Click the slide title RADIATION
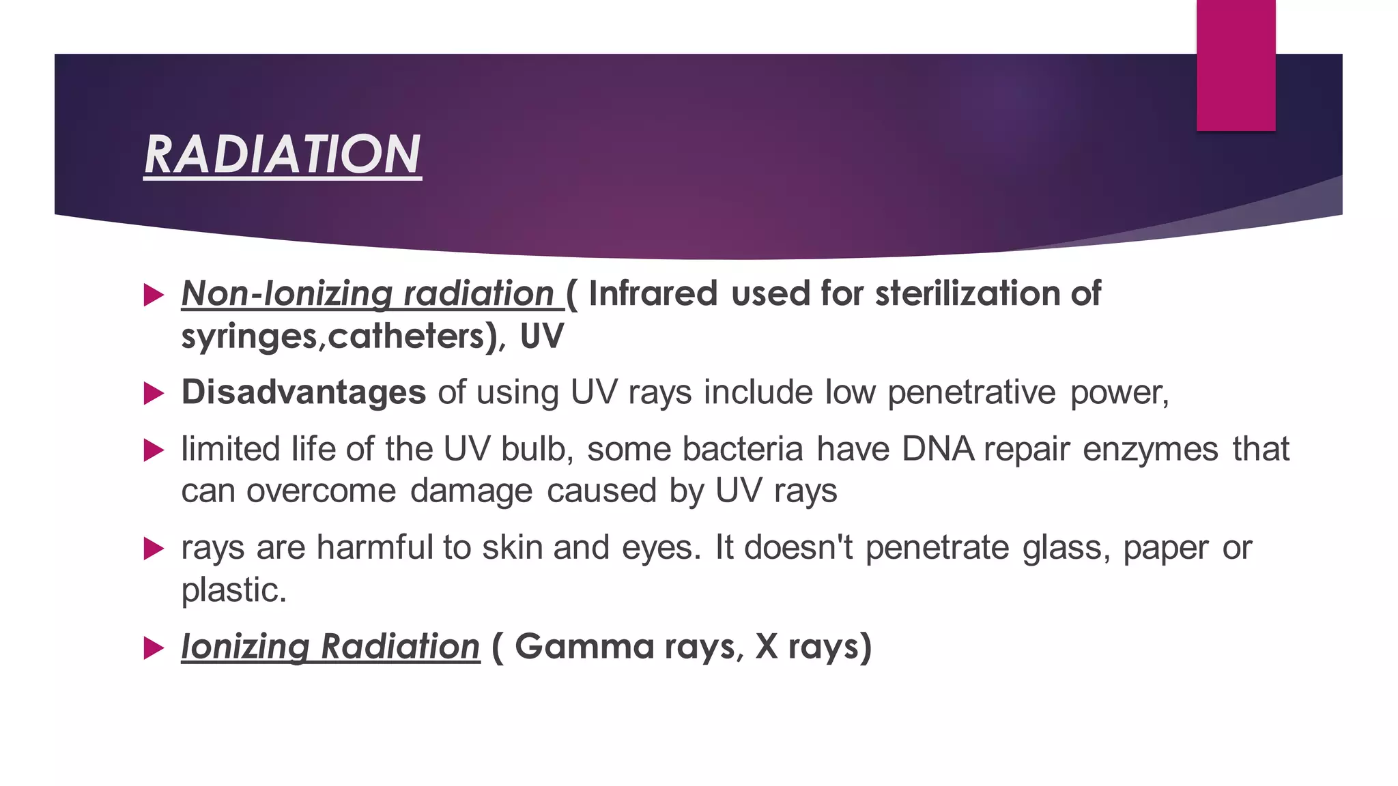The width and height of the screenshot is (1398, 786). point(283,155)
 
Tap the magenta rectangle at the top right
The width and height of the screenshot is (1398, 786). point(1236,65)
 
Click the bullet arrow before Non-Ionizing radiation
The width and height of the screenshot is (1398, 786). point(154,295)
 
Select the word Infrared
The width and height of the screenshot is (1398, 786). point(653,294)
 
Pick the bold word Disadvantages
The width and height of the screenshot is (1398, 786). point(304,393)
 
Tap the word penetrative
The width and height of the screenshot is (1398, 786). point(971,393)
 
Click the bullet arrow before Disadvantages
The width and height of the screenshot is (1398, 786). point(154,394)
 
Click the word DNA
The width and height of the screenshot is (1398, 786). point(938,450)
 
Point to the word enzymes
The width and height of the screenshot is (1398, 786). point(1150,450)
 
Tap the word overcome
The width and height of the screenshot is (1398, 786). point(321,491)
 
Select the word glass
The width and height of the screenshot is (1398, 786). point(1066,548)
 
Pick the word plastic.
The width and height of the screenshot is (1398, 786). point(233,590)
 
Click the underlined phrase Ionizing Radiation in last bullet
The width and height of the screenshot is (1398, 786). point(330,647)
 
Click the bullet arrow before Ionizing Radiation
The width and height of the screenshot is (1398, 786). point(154,648)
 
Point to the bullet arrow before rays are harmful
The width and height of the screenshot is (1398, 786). point(154,549)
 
